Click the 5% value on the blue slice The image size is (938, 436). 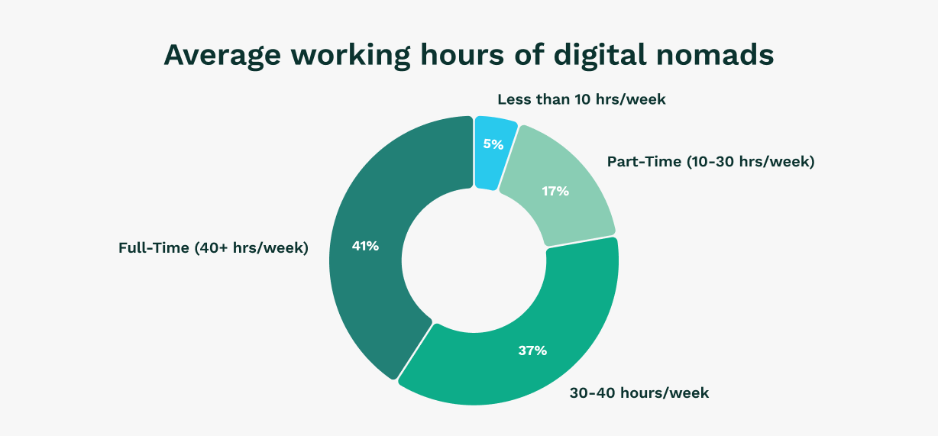pyautogui.click(x=493, y=144)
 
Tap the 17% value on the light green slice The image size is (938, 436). pyautogui.click(x=555, y=191)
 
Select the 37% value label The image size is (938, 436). pyautogui.click(x=532, y=350)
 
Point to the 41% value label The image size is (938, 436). pyautogui.click(x=365, y=246)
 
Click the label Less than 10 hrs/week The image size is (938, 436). pyautogui.click(x=581, y=99)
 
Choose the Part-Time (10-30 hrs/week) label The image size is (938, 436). pyautogui.click(x=710, y=162)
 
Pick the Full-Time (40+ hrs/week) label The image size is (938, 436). pyautogui.click(x=213, y=248)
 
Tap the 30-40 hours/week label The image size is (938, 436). pyautogui.click(x=639, y=393)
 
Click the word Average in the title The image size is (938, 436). pyautogui.click(x=222, y=55)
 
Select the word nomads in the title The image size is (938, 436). pyautogui.click(x=715, y=55)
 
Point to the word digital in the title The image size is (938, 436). pyautogui.click(x=600, y=56)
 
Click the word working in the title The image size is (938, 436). pyautogui.click(x=351, y=56)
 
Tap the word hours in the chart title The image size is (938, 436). pyautogui.click(x=462, y=55)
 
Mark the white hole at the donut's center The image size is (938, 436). pyautogui.click(x=474, y=260)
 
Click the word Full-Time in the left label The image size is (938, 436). pyautogui.click(x=154, y=248)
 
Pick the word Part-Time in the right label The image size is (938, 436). pyautogui.click(x=644, y=162)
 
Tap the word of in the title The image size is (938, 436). pyautogui.click(x=529, y=55)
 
